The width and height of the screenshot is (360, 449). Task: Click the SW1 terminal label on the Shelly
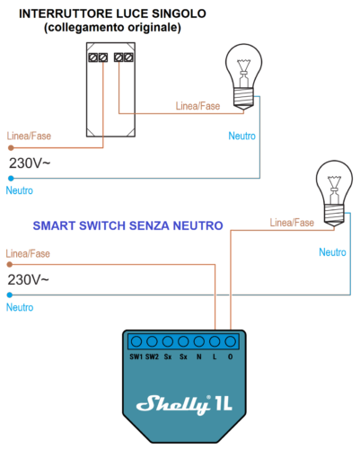tap(136, 357)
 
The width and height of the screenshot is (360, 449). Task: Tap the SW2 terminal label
tap(152, 357)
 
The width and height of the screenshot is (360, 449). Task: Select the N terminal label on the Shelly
tap(199, 357)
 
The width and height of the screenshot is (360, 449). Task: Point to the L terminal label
tap(215, 357)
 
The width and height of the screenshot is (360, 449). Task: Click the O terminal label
tap(230, 357)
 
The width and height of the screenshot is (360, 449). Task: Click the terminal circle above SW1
tap(136, 341)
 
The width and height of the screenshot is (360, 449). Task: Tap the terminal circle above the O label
tap(230, 341)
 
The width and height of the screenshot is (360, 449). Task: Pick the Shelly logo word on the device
tap(173, 404)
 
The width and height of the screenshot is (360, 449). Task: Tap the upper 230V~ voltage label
tap(30, 163)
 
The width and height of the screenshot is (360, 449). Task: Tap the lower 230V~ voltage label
tap(28, 280)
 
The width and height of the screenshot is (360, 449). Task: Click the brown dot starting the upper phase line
tap(11, 147)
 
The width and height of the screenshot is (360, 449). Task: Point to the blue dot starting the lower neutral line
tap(10, 295)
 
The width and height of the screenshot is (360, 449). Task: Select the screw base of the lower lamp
tap(334, 215)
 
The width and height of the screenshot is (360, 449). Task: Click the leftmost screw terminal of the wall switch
tap(93, 57)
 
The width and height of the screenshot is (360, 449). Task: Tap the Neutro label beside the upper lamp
tap(241, 136)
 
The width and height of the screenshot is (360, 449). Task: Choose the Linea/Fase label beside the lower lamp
tap(292, 223)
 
